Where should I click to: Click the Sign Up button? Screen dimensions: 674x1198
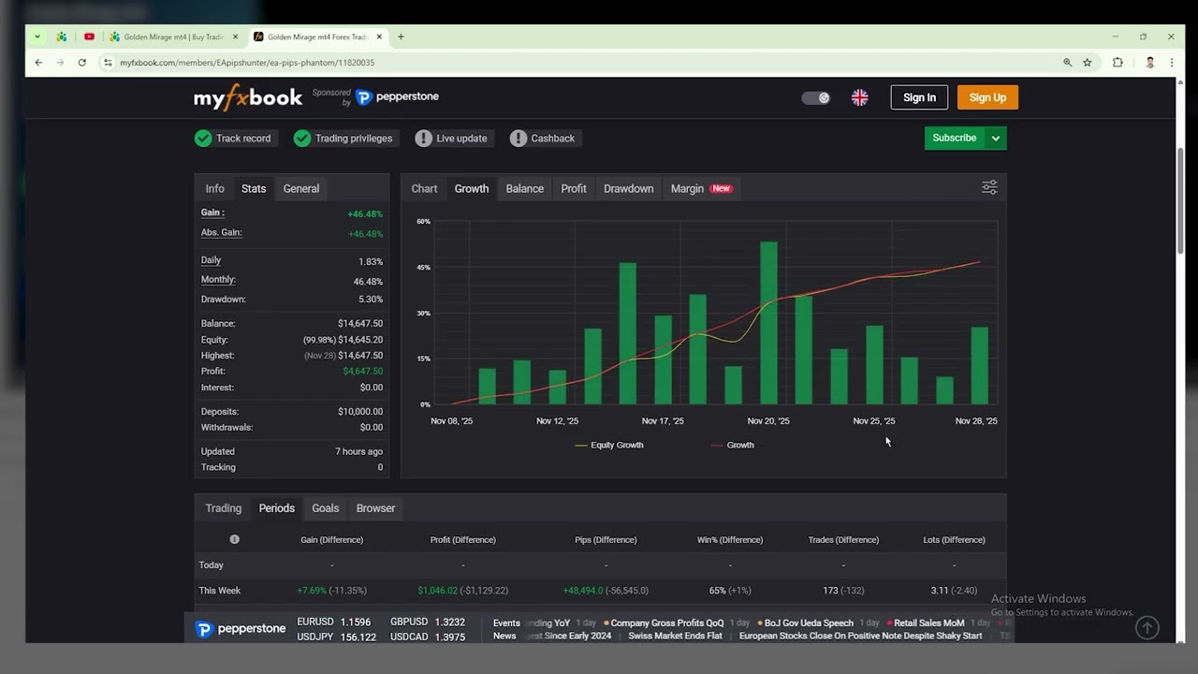pyautogui.click(x=987, y=97)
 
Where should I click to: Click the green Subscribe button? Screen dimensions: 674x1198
pyautogui.click(x=954, y=138)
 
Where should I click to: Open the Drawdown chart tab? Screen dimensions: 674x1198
pyautogui.click(x=628, y=188)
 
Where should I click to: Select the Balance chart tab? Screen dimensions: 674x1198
pyautogui.click(x=524, y=188)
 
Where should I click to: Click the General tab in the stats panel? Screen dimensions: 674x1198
pyautogui.click(x=301, y=188)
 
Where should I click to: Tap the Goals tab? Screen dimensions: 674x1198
pyautogui.click(x=325, y=508)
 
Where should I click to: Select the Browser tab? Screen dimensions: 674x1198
pyautogui.click(x=375, y=508)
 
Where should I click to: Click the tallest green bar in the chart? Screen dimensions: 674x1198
pyautogui.click(x=768, y=323)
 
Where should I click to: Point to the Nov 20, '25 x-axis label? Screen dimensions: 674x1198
pyautogui.click(x=768, y=421)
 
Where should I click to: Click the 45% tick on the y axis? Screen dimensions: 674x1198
pyautogui.click(x=424, y=268)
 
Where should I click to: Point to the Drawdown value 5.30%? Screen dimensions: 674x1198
pyautogui.click(x=370, y=300)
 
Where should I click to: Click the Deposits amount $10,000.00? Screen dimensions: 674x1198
pyautogui.click(x=359, y=412)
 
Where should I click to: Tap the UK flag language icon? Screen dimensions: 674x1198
pyautogui.click(x=859, y=97)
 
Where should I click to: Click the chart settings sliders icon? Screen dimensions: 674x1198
pyautogui.click(x=989, y=188)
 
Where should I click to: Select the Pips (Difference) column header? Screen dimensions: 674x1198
pyautogui.click(x=606, y=539)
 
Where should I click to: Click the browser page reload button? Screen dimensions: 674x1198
pyautogui.click(x=82, y=63)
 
